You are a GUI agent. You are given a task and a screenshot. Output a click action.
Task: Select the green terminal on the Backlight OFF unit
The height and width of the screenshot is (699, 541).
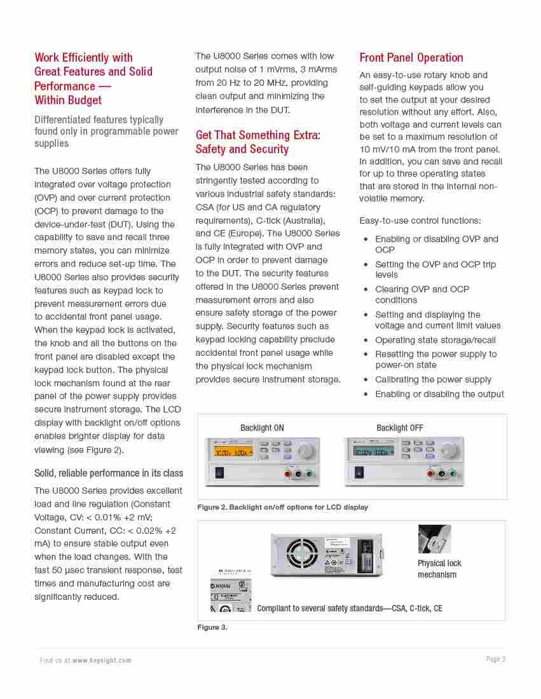point(451,473)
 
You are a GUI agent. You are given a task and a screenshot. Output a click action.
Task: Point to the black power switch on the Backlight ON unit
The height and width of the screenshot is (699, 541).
point(220,472)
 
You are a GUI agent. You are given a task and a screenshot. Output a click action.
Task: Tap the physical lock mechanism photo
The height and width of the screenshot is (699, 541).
point(434,539)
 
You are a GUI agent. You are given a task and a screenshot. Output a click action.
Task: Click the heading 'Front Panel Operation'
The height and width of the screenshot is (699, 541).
point(411,58)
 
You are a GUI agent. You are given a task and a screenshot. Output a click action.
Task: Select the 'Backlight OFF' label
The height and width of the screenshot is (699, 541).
point(399,428)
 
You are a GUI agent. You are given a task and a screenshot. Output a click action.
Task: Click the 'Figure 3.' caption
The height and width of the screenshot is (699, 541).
point(212,627)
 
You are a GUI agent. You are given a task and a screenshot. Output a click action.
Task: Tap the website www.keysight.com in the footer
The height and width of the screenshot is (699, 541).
point(102,660)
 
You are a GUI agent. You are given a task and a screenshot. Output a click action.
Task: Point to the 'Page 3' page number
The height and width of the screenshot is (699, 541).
point(495,659)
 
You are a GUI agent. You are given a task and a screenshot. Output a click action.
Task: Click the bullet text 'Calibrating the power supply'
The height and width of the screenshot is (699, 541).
point(433,379)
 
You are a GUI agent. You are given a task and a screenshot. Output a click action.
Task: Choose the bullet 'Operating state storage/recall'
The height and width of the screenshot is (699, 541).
point(435,340)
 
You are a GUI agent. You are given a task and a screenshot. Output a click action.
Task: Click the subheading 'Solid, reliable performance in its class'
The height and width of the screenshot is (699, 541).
point(109,473)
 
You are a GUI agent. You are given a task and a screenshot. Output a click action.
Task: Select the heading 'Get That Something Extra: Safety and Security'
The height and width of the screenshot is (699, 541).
point(257,142)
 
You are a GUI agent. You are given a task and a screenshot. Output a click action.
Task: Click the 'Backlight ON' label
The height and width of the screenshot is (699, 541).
point(262,428)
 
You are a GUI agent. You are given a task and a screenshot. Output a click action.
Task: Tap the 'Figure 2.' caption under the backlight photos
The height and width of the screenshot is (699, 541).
point(282,507)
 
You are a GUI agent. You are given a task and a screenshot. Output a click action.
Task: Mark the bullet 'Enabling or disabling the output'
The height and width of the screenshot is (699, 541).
point(439,394)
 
